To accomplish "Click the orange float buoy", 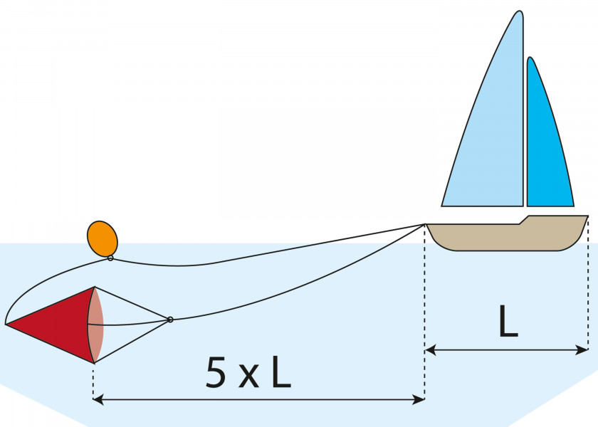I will coord(102,238).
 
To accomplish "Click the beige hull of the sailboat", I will coord(505,235).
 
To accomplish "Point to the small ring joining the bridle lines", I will coord(169,320).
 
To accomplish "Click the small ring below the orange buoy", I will coord(110,258).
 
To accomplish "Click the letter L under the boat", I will coord(508,322).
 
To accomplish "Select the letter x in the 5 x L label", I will coord(248,376).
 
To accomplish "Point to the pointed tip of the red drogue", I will coord(6,325).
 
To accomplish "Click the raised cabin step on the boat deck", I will coord(525,219).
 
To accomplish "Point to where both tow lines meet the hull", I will coord(425,224).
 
